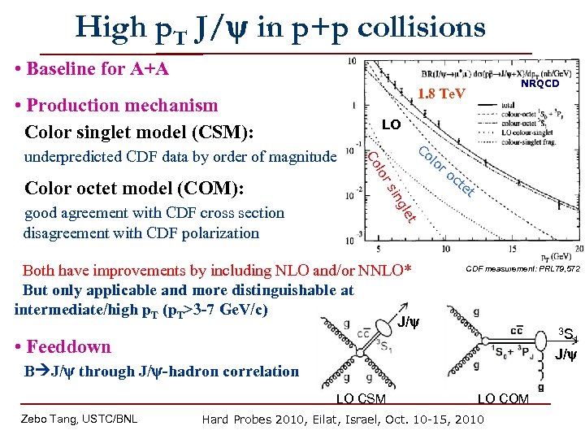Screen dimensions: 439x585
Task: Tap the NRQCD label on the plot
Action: (540, 83)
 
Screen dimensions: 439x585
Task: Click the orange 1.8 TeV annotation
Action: (441, 94)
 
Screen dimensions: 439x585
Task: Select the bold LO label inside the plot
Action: (391, 124)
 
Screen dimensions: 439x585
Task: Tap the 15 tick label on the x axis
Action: (513, 249)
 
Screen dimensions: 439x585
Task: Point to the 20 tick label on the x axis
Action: (578, 249)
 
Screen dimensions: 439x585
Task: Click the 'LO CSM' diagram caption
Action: (362, 398)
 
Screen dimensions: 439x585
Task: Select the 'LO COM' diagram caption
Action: (503, 398)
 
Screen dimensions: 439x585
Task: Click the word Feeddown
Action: (69, 346)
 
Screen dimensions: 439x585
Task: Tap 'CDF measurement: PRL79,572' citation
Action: (522, 269)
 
